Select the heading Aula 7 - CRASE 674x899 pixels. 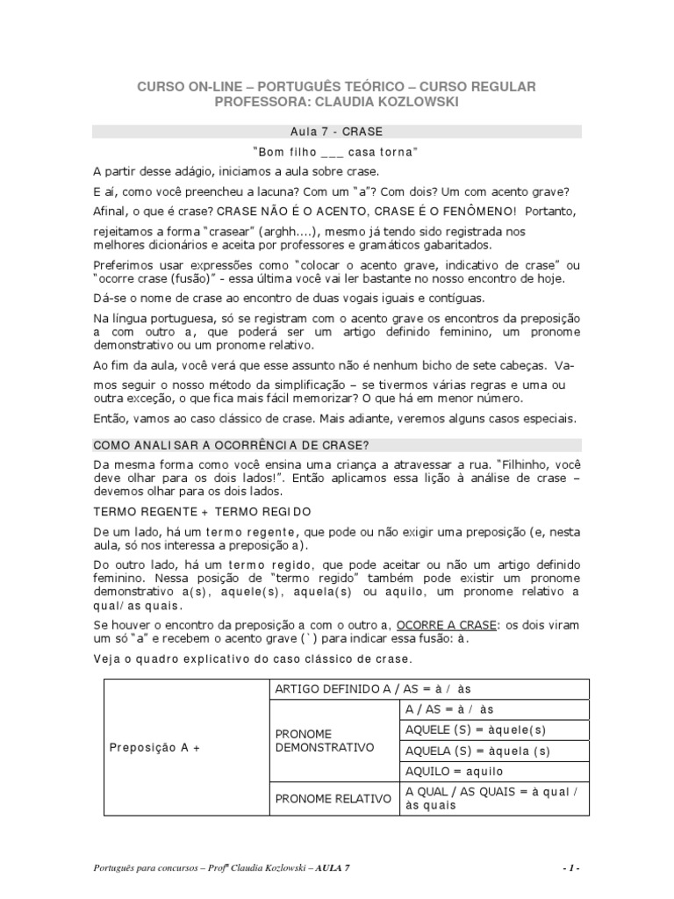tap(337, 131)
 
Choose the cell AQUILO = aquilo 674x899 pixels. tap(455, 771)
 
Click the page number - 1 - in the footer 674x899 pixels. tap(570, 867)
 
